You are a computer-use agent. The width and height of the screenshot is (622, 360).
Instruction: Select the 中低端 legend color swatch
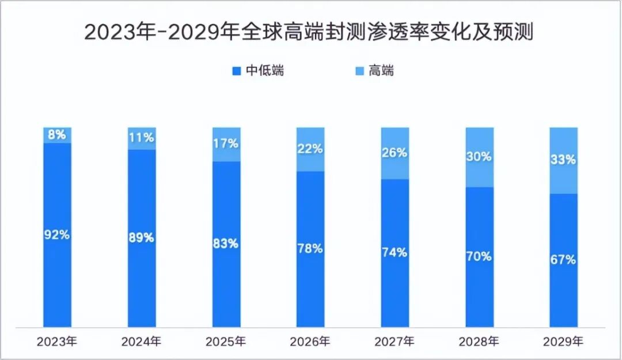click(236, 71)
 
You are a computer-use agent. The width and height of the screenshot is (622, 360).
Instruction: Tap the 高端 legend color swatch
click(359, 71)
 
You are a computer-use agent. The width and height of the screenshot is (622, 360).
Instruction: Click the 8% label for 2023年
click(58, 135)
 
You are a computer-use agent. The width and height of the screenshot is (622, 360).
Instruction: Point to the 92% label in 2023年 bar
click(58, 234)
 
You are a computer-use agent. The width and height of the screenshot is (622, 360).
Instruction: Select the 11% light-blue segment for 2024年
click(142, 138)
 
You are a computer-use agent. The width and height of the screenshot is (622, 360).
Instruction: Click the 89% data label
click(142, 237)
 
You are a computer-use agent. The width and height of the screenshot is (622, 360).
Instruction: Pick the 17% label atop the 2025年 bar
click(226, 143)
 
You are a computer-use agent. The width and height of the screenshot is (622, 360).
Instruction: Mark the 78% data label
click(310, 248)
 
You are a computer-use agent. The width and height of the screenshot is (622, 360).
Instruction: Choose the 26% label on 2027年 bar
click(395, 153)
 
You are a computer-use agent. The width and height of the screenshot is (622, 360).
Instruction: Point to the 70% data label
click(479, 256)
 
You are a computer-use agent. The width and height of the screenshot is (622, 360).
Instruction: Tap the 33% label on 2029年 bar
click(563, 160)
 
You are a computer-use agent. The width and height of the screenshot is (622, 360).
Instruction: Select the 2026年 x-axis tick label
click(310, 342)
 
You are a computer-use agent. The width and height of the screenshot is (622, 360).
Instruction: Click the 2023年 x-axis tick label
click(57, 342)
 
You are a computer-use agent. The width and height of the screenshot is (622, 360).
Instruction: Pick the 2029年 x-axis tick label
click(563, 342)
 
